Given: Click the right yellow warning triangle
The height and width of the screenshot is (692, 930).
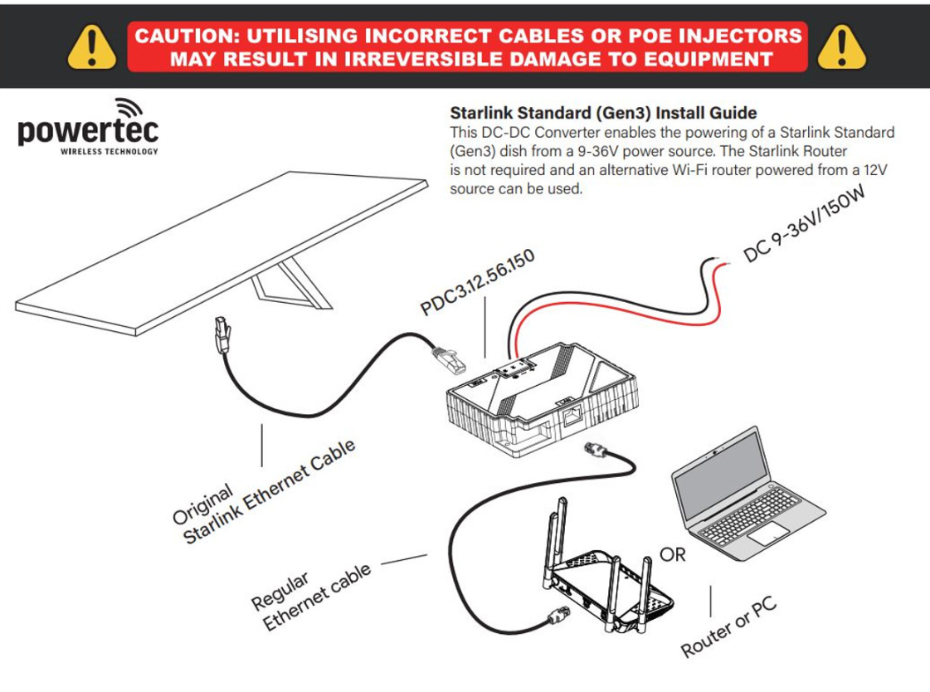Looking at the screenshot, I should [x=841, y=47].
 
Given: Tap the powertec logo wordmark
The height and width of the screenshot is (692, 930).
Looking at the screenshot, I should [x=88, y=131].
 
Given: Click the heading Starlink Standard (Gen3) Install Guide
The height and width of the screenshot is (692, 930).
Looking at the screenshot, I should [x=603, y=112].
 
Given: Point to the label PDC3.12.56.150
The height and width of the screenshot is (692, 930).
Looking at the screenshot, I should [x=477, y=282].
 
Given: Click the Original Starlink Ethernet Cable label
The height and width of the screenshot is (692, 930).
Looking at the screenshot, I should [x=265, y=492].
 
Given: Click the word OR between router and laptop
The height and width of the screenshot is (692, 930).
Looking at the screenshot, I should [x=672, y=553].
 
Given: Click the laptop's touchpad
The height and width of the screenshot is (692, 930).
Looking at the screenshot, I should [x=767, y=534].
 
